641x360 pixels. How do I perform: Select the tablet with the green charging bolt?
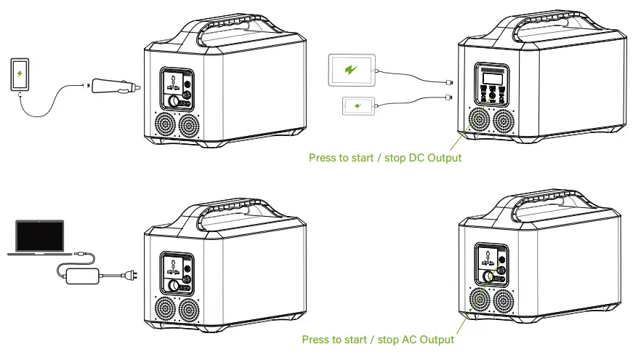pyautogui.click(x=352, y=71)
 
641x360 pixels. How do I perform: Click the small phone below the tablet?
pyautogui.click(x=358, y=106)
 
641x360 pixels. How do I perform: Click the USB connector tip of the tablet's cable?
pyautogui.click(x=448, y=82)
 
